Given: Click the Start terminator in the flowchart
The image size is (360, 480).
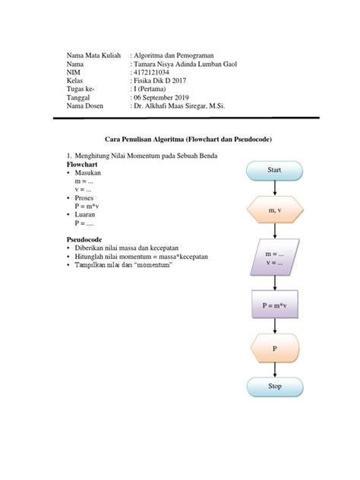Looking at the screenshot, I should pos(274,170).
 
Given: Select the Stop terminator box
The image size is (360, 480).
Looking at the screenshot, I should pos(274,387).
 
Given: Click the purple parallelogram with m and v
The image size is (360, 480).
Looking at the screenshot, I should pos(274,257).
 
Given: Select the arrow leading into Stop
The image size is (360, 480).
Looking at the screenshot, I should pos(274,370).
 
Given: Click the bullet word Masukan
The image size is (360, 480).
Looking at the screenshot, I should pos(88,173).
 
